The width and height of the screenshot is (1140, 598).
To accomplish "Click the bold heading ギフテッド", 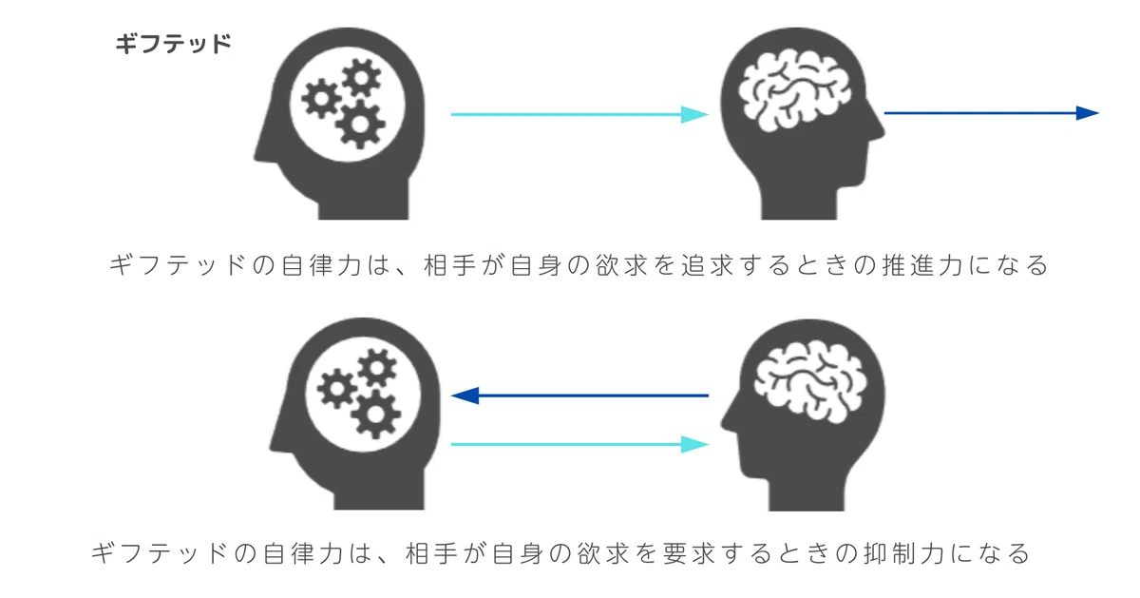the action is click(173, 44).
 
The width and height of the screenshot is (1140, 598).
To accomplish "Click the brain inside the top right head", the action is click(794, 90).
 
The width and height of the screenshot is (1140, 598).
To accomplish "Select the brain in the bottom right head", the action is click(809, 382).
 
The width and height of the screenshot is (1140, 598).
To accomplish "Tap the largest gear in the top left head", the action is click(360, 125).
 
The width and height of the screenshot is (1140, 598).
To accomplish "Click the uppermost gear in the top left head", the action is click(361, 78).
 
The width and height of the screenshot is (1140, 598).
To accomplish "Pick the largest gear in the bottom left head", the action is click(375, 415).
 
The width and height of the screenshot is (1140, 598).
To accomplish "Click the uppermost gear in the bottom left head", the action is click(376, 368).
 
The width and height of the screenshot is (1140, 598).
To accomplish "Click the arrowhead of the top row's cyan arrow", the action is click(694, 115).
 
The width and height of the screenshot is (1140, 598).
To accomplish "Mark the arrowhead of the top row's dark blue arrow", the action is click(1087, 113).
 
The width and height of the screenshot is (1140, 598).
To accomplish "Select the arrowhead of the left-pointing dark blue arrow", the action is click(465, 395).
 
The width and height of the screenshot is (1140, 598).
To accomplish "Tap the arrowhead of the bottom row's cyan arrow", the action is click(694, 445).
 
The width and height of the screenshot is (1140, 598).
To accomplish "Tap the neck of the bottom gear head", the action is click(379, 493).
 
